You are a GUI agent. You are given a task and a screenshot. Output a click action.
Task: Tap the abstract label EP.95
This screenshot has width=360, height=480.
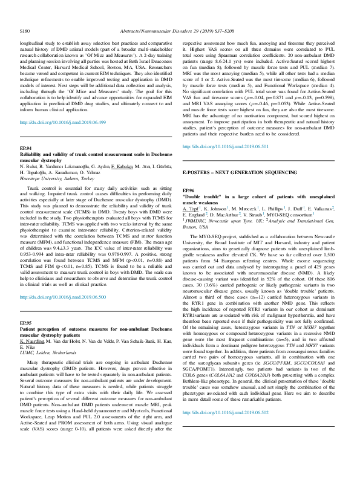pos(25,306)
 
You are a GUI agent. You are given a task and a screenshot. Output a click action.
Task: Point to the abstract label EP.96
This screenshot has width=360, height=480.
pos(189,190)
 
